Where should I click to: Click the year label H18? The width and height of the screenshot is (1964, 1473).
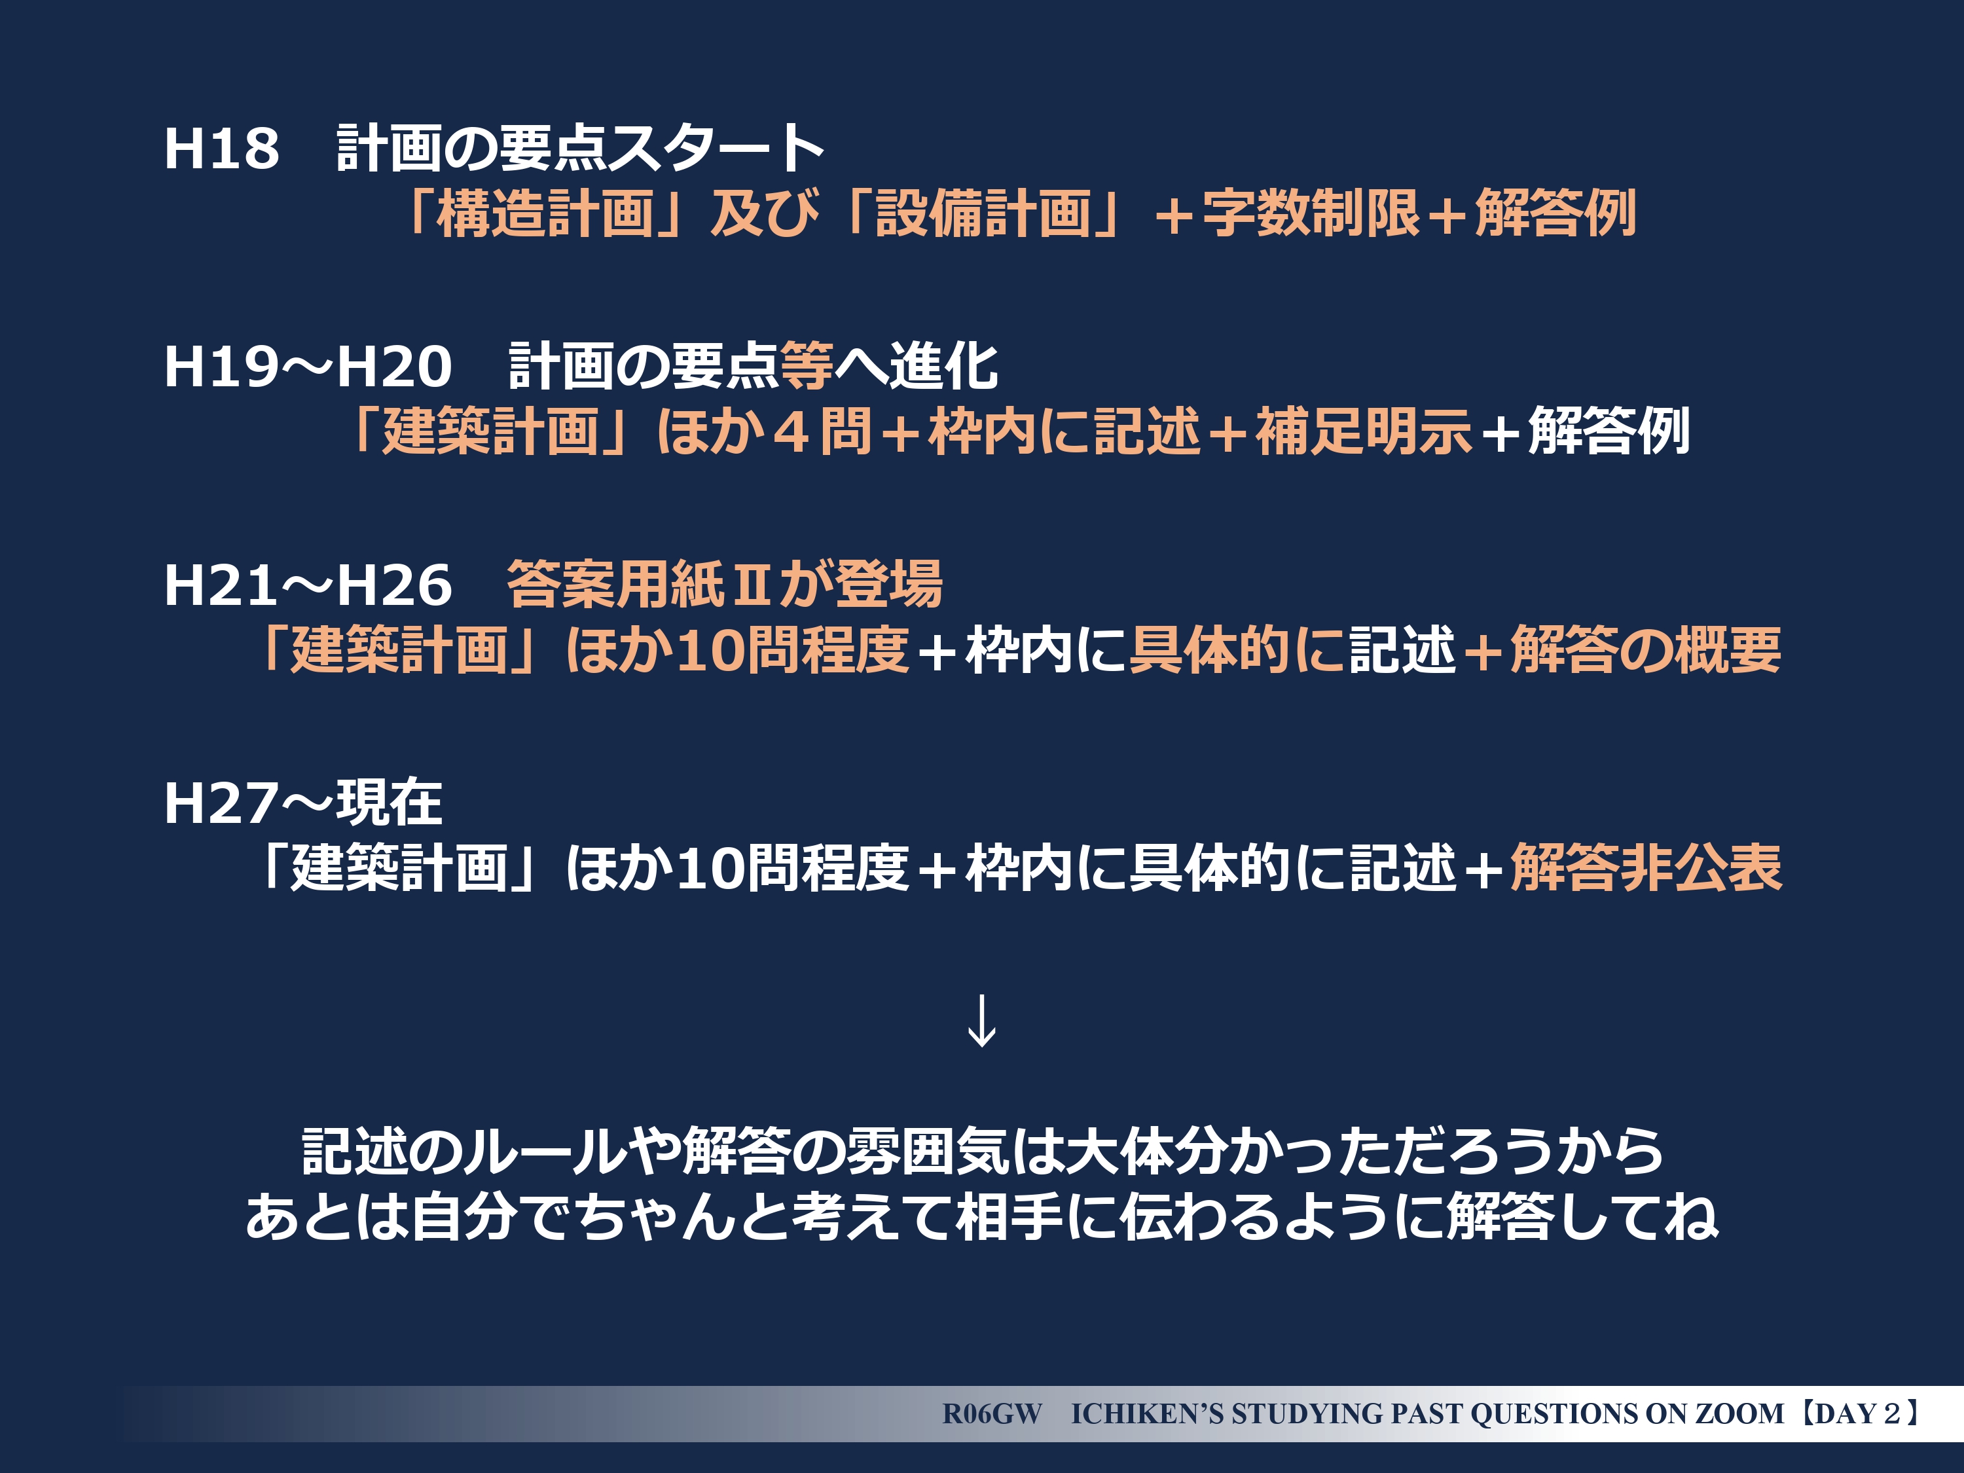(x=222, y=147)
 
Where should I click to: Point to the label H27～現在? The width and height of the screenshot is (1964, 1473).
(x=302, y=803)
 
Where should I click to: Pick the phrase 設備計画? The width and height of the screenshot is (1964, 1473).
(x=984, y=214)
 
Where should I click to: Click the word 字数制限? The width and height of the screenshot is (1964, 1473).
(x=1311, y=214)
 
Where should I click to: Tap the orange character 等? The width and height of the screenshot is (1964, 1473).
(x=806, y=366)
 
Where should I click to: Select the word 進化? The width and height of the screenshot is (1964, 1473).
(x=944, y=366)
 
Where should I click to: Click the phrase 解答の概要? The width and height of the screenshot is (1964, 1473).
(x=1646, y=650)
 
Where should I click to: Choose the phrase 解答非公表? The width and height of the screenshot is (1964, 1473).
(x=1646, y=867)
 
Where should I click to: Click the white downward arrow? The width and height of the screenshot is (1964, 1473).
(x=981, y=1021)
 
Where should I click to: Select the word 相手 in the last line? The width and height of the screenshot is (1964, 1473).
(x=1009, y=1216)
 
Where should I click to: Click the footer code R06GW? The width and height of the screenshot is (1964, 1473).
(x=992, y=1413)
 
